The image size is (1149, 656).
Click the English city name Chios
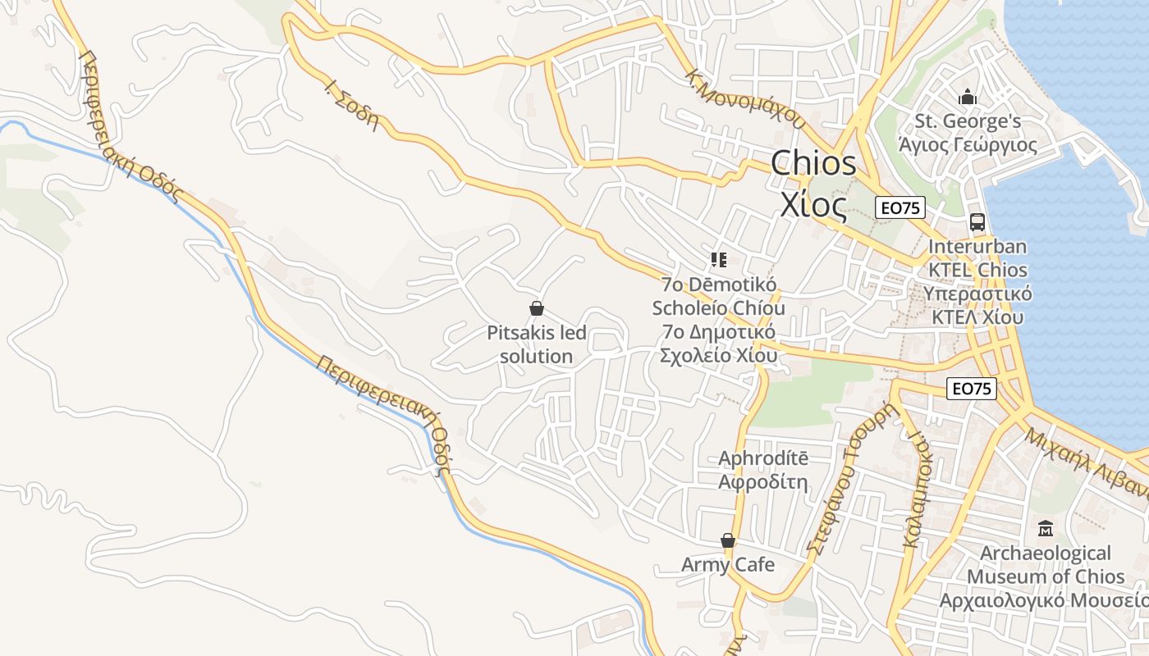pyautogui.click(x=813, y=163)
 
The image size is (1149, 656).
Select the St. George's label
pyautogui.click(x=968, y=122)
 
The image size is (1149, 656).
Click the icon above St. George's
pyautogui.click(x=968, y=98)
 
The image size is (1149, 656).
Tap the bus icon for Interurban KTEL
pyautogui.click(x=977, y=221)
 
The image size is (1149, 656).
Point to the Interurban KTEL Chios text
pyautogui.click(x=977, y=258)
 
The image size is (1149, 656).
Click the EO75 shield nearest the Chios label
pyautogui.click(x=900, y=208)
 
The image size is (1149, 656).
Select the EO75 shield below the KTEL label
pyautogui.click(x=971, y=389)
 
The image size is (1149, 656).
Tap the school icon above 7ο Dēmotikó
pyautogui.click(x=719, y=260)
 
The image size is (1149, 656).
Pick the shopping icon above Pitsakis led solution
pyautogui.click(x=537, y=308)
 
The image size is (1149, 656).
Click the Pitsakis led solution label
pyautogui.click(x=537, y=345)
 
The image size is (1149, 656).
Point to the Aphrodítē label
pyautogui.click(x=763, y=458)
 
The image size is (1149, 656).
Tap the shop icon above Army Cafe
pyautogui.click(x=727, y=540)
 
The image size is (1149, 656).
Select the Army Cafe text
pyautogui.click(x=727, y=564)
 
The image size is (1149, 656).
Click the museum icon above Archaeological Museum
pyautogui.click(x=1045, y=528)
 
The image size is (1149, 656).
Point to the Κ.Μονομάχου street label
pyautogui.click(x=744, y=98)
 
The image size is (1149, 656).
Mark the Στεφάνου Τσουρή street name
pyautogui.click(x=849, y=481)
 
